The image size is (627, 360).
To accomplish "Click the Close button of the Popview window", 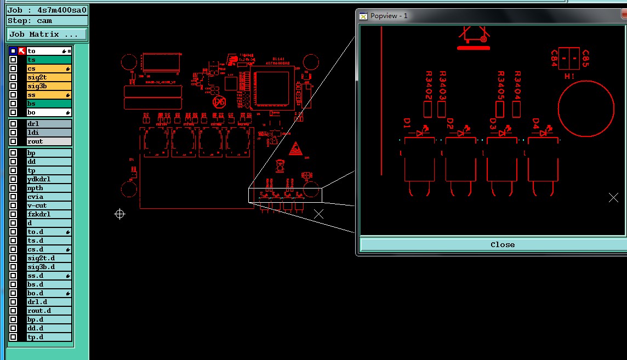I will click(x=502, y=244).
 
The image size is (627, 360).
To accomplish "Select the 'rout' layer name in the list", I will click(x=49, y=141).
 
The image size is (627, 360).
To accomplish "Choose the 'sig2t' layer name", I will click(x=49, y=77).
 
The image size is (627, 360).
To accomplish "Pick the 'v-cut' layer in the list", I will click(x=49, y=205).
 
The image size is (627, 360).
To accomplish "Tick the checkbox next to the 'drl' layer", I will click(x=13, y=124).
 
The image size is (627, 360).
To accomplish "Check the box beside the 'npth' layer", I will click(x=13, y=188).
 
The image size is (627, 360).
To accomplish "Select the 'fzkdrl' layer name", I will click(x=49, y=214).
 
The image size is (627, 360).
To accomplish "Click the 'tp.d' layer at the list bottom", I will click(x=49, y=337).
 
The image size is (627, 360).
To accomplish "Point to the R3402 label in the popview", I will click(x=429, y=85).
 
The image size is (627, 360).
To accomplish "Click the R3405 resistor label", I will click(x=500, y=85).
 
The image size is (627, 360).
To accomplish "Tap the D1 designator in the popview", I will click(x=407, y=124).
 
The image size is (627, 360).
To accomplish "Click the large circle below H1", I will click(x=586, y=108).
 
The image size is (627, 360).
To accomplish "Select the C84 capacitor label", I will click(x=554, y=58).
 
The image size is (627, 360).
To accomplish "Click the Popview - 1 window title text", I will click(x=389, y=15).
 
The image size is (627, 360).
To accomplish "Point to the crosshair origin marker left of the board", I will click(x=119, y=214).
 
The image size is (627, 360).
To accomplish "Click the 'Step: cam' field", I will click(x=47, y=21).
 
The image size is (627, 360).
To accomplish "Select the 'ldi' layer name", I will click(x=49, y=133).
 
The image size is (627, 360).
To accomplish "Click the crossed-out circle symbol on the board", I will click(x=219, y=101).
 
